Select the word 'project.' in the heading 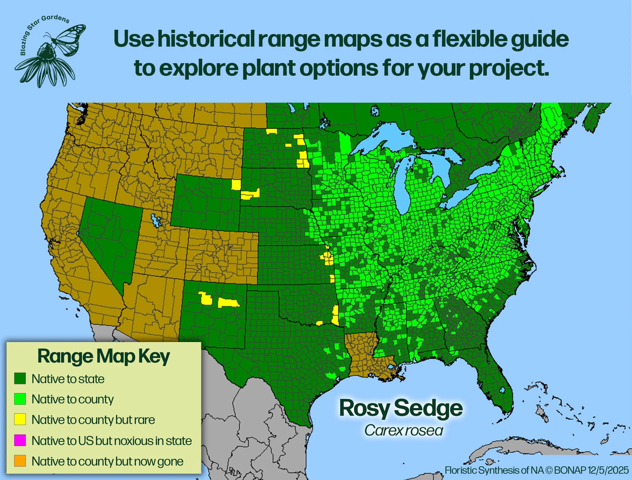(x=509, y=68)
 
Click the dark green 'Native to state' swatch (x=20, y=379)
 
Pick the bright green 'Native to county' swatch (x=20, y=399)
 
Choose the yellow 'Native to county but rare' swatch (x=20, y=419)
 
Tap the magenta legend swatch (x=20, y=440)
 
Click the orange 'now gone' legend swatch (x=20, y=461)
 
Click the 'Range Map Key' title (x=103, y=357)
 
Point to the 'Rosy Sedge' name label (x=401, y=408)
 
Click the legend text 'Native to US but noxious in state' (x=111, y=441)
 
